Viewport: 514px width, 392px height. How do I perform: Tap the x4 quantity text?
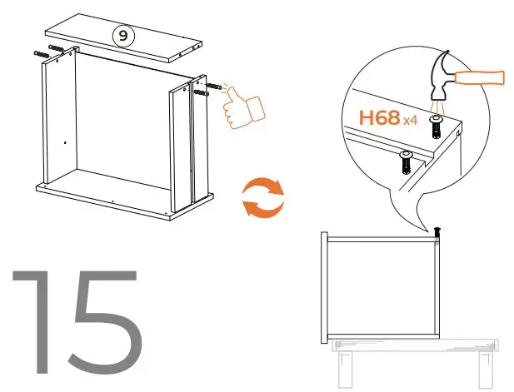[410, 122]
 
